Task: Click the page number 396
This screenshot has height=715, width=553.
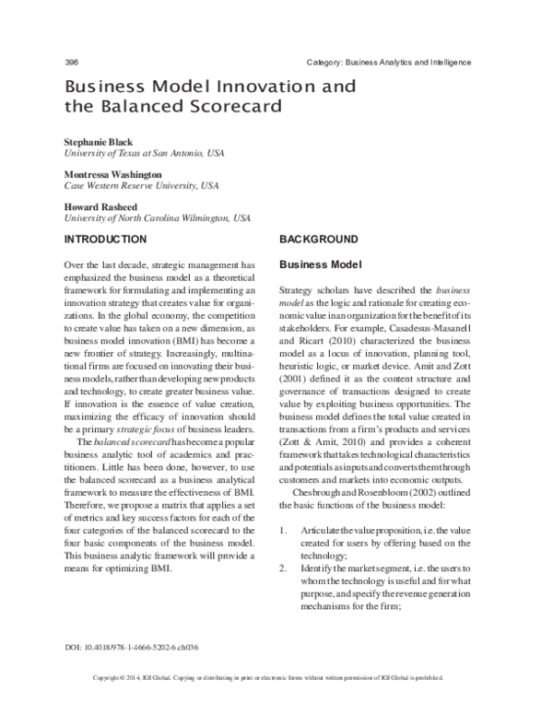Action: [71, 62]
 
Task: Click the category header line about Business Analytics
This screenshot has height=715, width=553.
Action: [388, 62]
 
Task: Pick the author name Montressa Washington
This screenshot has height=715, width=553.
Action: [112, 174]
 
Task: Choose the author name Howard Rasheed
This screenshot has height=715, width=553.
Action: [101, 206]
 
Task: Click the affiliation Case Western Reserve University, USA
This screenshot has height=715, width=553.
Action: [141, 185]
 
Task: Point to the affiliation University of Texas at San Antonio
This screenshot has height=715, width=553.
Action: [144, 153]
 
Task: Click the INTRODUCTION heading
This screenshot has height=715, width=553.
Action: [111, 239]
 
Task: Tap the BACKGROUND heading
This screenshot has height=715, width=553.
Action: [318, 239]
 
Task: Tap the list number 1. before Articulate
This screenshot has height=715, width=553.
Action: [284, 531]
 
